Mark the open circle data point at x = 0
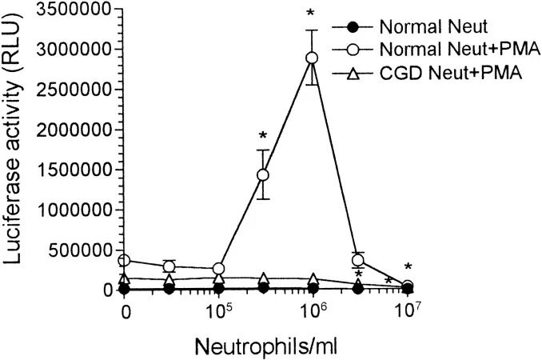(125, 261)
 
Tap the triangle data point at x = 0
(125, 278)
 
